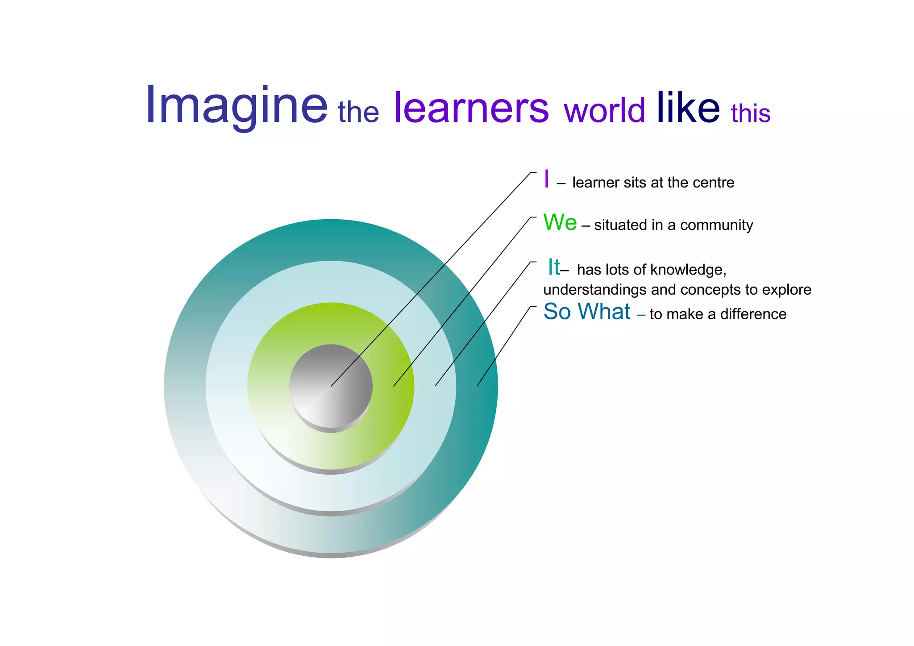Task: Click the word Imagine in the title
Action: (x=237, y=106)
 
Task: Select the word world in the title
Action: (x=604, y=110)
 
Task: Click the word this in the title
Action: (x=751, y=113)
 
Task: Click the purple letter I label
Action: (x=547, y=179)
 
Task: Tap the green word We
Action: (x=560, y=222)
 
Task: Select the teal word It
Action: (x=554, y=267)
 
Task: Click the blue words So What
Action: (x=587, y=312)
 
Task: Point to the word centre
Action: (x=716, y=183)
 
